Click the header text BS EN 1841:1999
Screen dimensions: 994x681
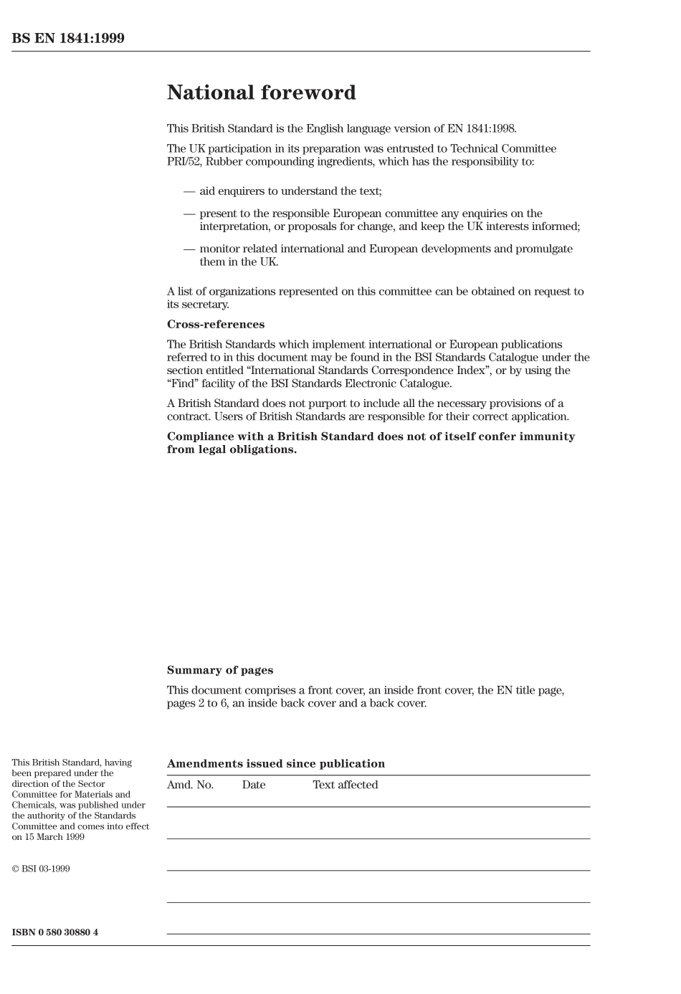[68, 39]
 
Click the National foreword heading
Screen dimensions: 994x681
[261, 93]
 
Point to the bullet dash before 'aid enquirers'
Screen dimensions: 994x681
[189, 191]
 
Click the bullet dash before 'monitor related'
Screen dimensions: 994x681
[189, 249]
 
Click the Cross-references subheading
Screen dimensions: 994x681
[216, 325]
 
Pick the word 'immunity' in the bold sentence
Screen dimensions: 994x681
[549, 436]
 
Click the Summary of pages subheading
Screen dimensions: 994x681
[220, 671]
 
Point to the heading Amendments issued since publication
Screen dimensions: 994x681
[276, 764]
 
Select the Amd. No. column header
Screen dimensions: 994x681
[190, 785]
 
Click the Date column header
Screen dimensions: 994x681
[254, 785]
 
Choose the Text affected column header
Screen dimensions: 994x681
[345, 785]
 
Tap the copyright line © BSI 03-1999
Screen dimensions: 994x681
[41, 869]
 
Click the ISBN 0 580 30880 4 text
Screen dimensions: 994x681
[55, 932]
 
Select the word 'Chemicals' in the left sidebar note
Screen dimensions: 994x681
[34, 805]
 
